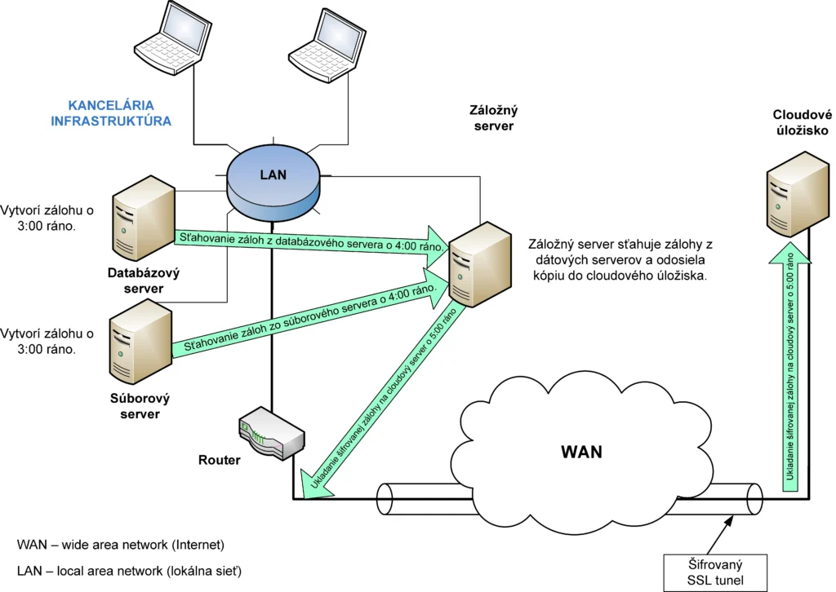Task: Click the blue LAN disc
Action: coord(273,179)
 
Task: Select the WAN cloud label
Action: coord(581,451)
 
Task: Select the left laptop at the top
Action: coord(170,41)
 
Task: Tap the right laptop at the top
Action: coord(323,45)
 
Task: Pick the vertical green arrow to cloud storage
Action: coord(791,367)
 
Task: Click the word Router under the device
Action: coord(220,460)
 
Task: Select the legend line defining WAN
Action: coord(120,544)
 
